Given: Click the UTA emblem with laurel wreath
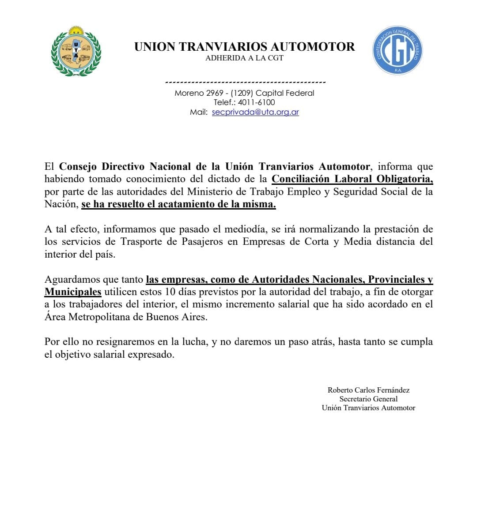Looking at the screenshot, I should pyautogui.click(x=76, y=51).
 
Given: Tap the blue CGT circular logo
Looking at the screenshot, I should pyautogui.click(x=397, y=50).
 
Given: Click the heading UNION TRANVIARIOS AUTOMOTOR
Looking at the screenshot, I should pyautogui.click(x=244, y=47).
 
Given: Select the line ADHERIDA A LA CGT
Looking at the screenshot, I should pyautogui.click(x=244, y=58).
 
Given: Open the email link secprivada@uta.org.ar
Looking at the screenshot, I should pyautogui.click(x=255, y=112).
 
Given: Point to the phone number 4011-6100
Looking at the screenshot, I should pyautogui.click(x=257, y=102).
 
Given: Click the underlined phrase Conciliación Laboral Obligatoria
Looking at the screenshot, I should pyautogui.click(x=352, y=179).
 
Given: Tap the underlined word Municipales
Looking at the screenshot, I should pyautogui.click(x=73, y=292).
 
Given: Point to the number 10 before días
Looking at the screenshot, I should pyautogui.click(x=170, y=292).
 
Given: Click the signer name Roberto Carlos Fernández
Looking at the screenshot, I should pyautogui.click(x=368, y=390).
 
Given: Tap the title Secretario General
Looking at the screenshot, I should pyautogui.click(x=368, y=399).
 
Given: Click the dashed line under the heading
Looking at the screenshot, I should pyautogui.click(x=245, y=82).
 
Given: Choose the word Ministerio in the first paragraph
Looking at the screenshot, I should pyautogui.click(x=209, y=192).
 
